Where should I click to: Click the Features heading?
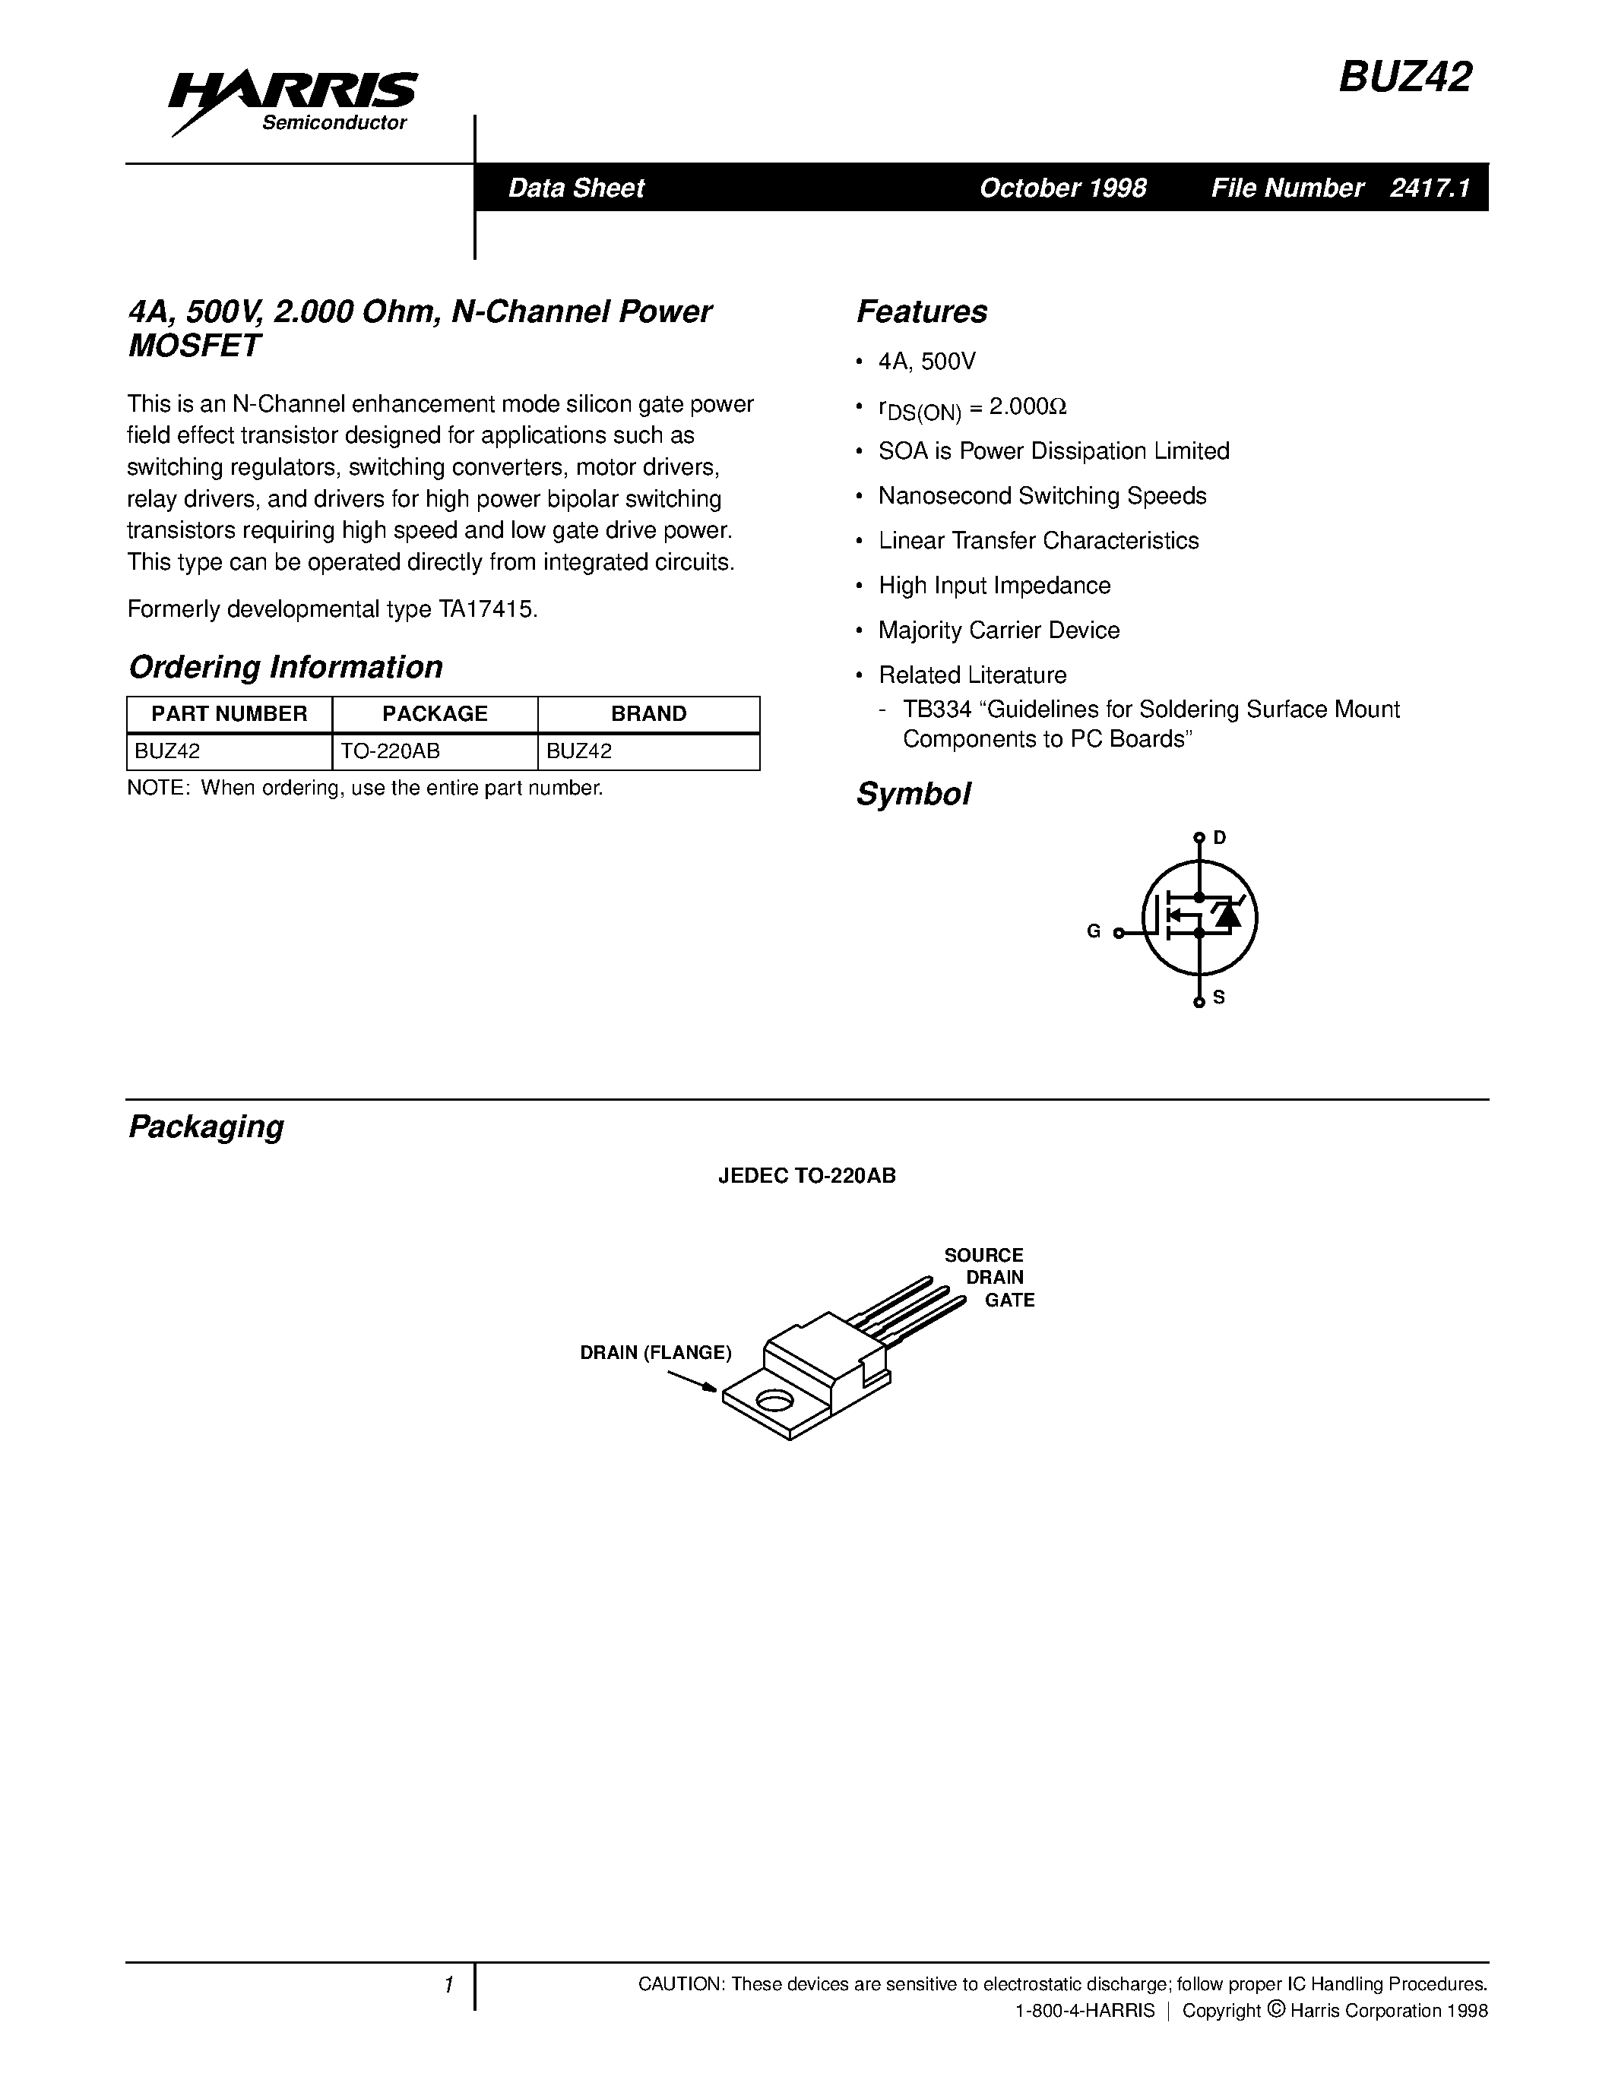click(921, 311)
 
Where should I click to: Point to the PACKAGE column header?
click(435, 713)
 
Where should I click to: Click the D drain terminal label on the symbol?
click(1219, 838)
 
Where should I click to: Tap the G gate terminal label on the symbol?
click(1094, 931)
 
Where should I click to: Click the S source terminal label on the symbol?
click(1219, 997)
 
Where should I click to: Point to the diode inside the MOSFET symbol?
click(1227, 915)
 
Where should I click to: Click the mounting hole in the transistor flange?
click(774, 1402)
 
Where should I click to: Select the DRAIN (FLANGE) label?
click(655, 1352)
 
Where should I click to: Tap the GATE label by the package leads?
click(1009, 1300)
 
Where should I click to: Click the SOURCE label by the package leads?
click(983, 1255)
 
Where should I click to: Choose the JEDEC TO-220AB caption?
click(806, 1177)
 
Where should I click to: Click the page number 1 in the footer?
click(448, 1985)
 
